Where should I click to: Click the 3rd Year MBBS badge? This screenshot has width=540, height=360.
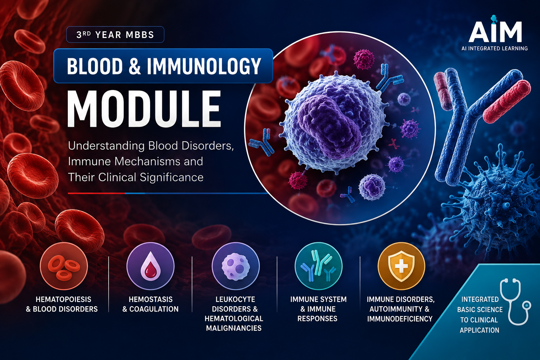(x=115, y=35)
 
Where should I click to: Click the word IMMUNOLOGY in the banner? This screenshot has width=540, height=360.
(x=204, y=66)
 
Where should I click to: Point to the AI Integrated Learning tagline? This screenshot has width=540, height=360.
(x=494, y=49)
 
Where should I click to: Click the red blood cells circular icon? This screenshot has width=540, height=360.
(x=64, y=266)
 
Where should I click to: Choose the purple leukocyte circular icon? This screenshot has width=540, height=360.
(x=236, y=266)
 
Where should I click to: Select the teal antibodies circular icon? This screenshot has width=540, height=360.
(x=319, y=266)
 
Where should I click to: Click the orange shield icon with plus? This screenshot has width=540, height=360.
(x=401, y=266)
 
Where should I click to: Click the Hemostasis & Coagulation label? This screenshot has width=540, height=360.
(x=150, y=304)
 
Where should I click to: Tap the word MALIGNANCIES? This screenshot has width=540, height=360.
(x=233, y=328)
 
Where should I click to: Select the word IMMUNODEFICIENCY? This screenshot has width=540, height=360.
(x=400, y=319)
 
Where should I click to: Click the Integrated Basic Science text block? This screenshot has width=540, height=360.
(x=480, y=315)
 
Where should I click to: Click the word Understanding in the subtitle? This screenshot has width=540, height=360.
(x=106, y=146)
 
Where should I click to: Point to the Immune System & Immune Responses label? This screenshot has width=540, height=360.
(x=318, y=309)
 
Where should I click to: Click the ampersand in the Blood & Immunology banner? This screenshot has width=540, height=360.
(x=135, y=66)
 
